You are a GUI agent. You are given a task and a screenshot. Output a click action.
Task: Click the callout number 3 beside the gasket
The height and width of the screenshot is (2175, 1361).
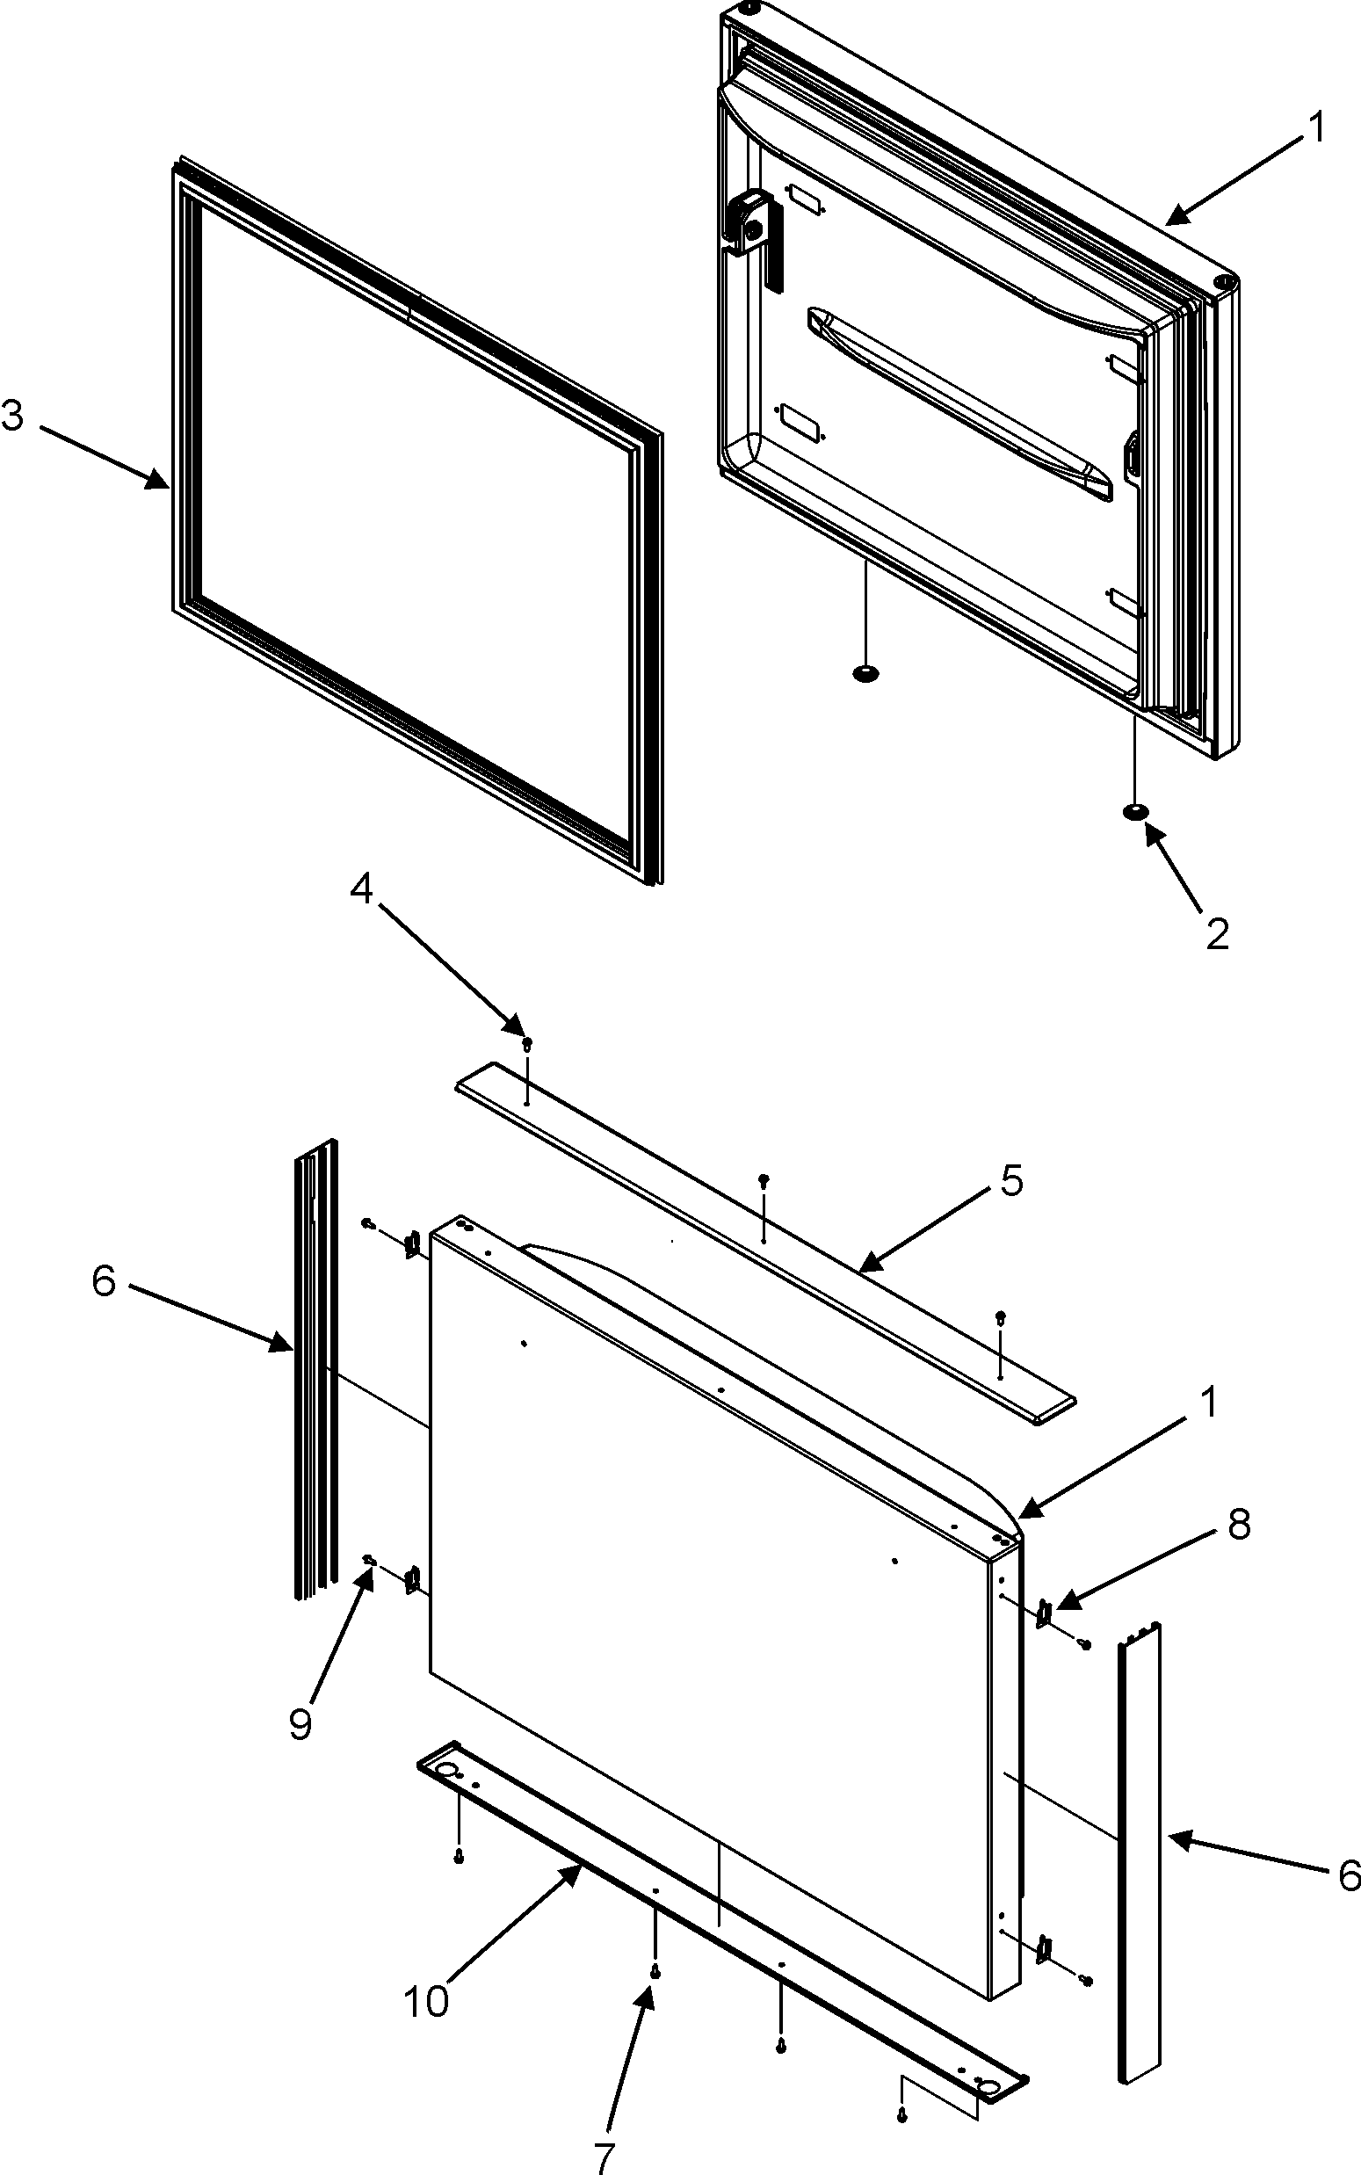click(x=12, y=417)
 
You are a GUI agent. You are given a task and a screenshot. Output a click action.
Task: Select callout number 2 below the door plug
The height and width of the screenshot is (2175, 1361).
click(x=1216, y=934)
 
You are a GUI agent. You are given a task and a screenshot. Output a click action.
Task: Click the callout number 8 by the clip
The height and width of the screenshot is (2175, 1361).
click(x=1239, y=1525)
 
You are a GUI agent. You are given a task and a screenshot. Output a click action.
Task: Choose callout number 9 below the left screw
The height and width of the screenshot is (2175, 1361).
click(x=300, y=1722)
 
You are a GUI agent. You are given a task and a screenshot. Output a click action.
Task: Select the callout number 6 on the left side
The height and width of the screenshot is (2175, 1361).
click(x=105, y=1281)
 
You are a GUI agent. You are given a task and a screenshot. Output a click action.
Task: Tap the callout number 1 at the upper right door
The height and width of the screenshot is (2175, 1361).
click(x=1316, y=127)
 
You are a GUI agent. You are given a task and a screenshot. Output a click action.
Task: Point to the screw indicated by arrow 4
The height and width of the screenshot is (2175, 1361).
click(x=527, y=1042)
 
